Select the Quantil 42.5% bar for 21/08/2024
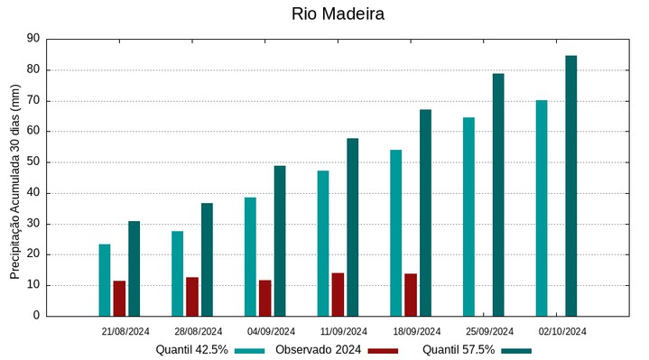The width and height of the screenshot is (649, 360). pyautogui.click(x=105, y=280)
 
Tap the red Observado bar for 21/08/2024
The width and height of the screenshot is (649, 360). pyautogui.click(x=119, y=299)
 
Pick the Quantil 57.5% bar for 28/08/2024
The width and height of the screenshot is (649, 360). pyautogui.click(x=207, y=260)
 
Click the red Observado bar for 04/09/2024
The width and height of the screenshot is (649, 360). pyautogui.click(x=265, y=298)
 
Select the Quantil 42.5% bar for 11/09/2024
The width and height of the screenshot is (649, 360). pyautogui.click(x=323, y=243)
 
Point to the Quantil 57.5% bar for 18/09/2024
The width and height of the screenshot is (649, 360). pyautogui.click(x=425, y=213)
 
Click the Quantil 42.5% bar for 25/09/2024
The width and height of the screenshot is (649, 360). pyautogui.click(x=468, y=217)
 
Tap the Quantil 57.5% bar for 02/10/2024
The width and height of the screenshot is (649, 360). pyautogui.click(x=570, y=186)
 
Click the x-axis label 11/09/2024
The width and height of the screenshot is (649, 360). pyautogui.click(x=344, y=331)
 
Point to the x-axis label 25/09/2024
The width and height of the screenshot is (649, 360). pyautogui.click(x=489, y=331)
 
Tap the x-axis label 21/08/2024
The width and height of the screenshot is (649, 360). pyautogui.click(x=125, y=331)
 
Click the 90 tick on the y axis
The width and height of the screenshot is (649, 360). pyautogui.click(x=33, y=39)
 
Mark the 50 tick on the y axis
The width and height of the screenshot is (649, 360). pyautogui.click(x=33, y=162)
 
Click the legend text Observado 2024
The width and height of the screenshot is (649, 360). pyautogui.click(x=318, y=350)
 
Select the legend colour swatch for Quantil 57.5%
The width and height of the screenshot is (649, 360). pyautogui.click(x=516, y=350)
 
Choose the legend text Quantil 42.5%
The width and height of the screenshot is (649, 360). pyautogui.click(x=191, y=350)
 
